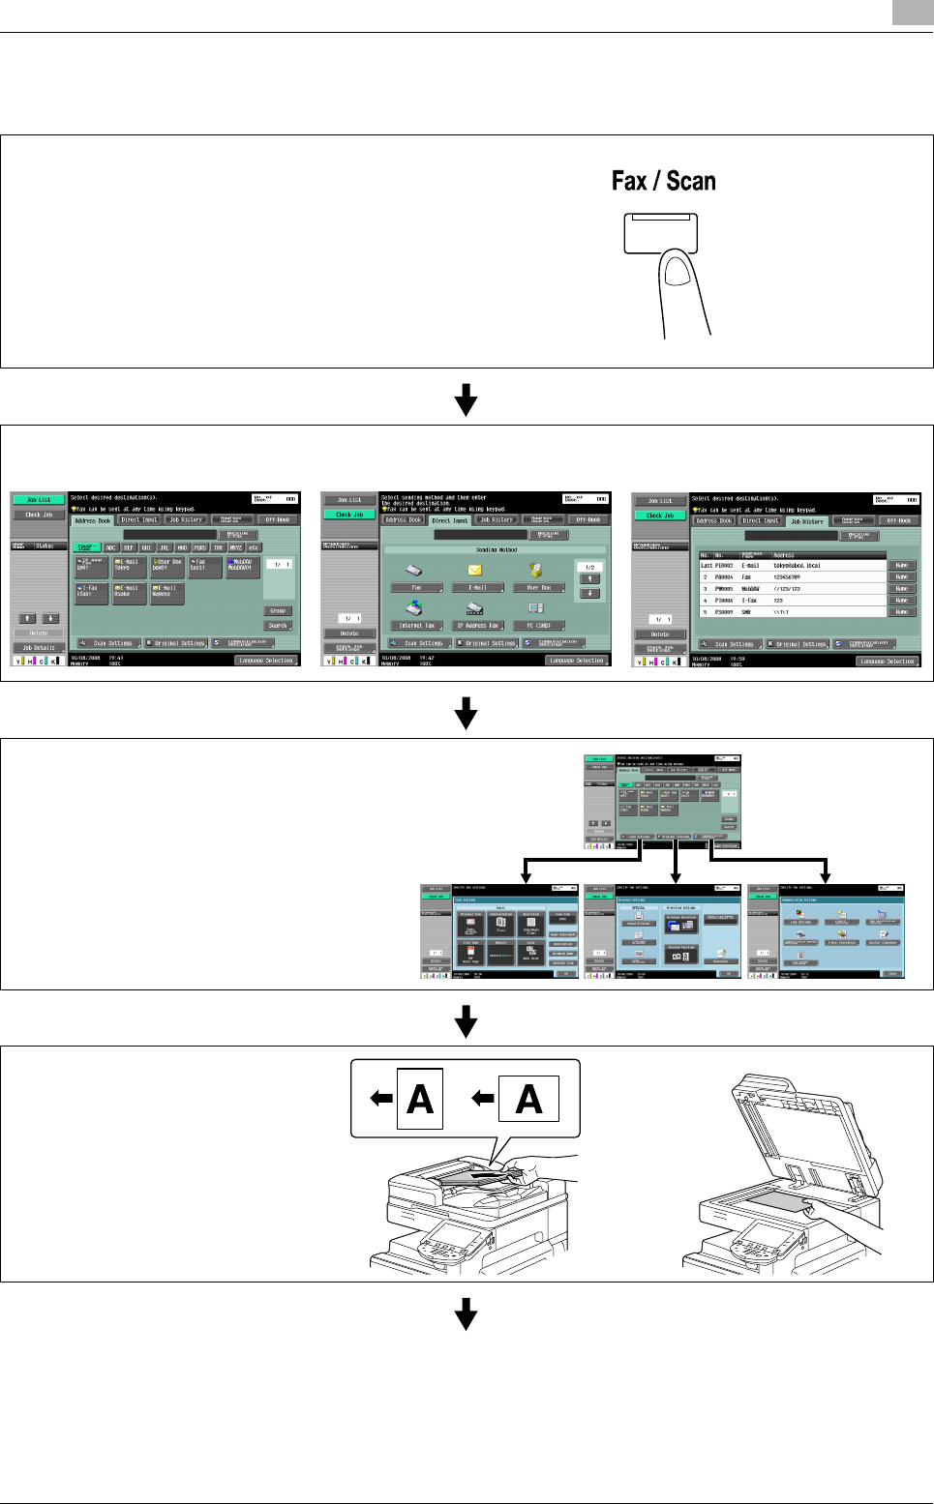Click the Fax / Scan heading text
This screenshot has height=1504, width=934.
pos(663,182)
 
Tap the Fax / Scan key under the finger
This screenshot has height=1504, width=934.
pos(660,233)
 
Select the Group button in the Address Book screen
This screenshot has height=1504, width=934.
pos(278,611)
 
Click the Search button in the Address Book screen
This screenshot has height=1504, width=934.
pos(278,626)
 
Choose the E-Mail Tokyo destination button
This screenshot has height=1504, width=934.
pos(130,565)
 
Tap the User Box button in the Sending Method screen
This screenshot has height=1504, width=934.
pos(539,587)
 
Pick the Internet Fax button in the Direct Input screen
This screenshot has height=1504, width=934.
pos(417,626)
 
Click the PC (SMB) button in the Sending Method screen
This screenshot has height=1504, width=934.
pos(539,626)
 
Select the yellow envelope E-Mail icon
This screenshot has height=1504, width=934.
pos(475,571)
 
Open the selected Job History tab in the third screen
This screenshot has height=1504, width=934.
pos(807,521)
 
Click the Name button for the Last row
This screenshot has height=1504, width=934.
pos(901,565)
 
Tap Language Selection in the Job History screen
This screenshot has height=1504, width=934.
pos(888,662)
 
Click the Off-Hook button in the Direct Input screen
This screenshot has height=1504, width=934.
pos(588,519)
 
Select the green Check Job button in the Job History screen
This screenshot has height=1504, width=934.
pos(660,516)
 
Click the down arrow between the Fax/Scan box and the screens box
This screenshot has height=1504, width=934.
pos(467,398)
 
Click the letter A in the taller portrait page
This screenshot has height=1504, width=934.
pos(420,1100)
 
